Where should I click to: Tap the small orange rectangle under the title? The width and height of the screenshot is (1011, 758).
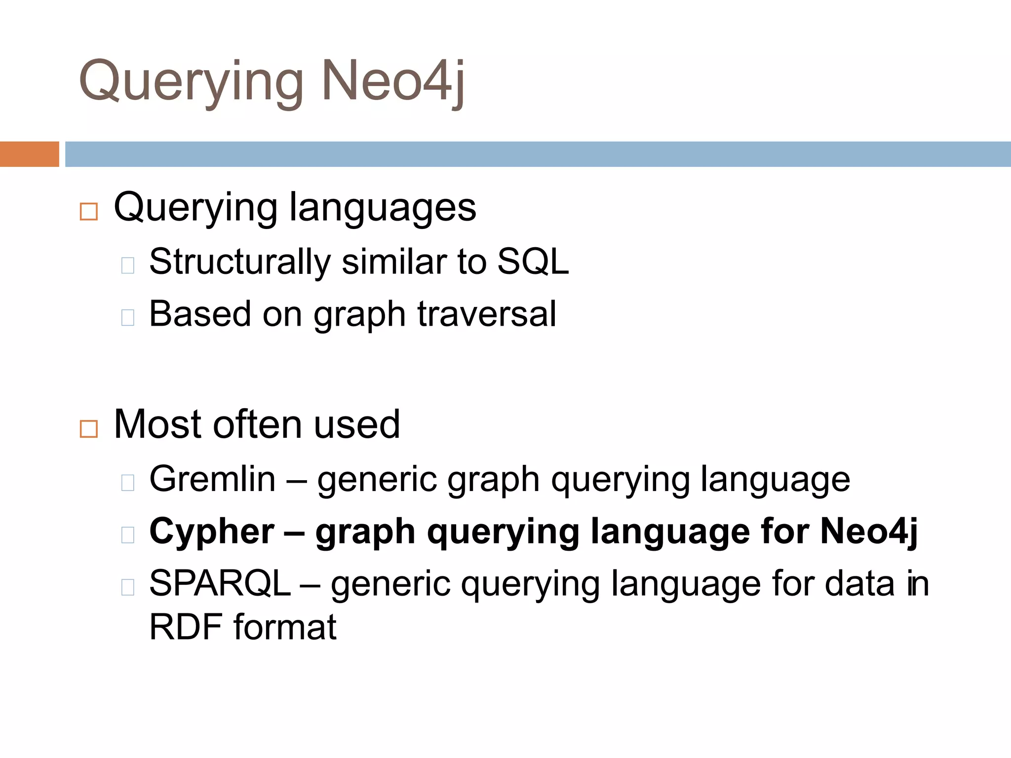click(29, 154)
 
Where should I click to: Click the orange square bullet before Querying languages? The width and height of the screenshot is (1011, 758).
click(89, 212)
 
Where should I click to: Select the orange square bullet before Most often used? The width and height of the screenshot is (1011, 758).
click(89, 429)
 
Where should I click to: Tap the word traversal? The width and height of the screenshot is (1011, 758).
click(487, 314)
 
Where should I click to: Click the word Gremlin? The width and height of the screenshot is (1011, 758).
click(212, 479)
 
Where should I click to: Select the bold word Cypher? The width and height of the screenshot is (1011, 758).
click(212, 532)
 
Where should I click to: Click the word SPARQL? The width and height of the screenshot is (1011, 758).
click(220, 584)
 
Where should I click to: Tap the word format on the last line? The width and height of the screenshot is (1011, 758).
click(285, 627)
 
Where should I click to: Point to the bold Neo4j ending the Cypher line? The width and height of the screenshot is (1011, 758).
click(869, 532)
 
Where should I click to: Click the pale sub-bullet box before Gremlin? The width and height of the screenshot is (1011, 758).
click(128, 483)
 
